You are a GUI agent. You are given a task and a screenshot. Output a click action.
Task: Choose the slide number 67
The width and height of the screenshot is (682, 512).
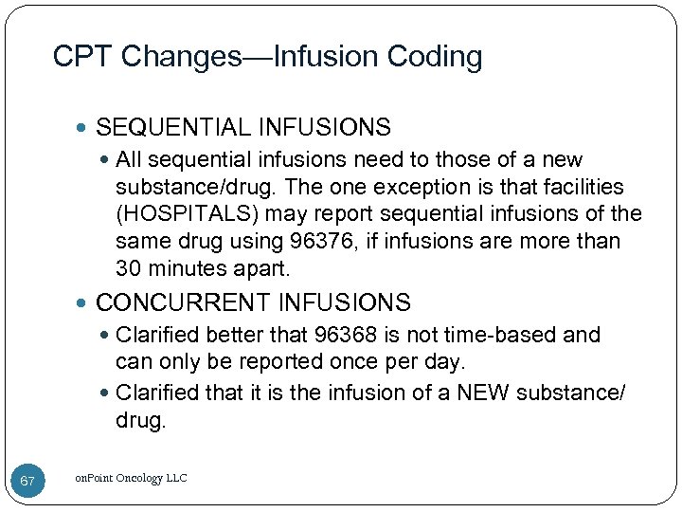click(27, 482)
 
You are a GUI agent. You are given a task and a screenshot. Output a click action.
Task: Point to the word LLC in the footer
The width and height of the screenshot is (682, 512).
click(175, 478)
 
